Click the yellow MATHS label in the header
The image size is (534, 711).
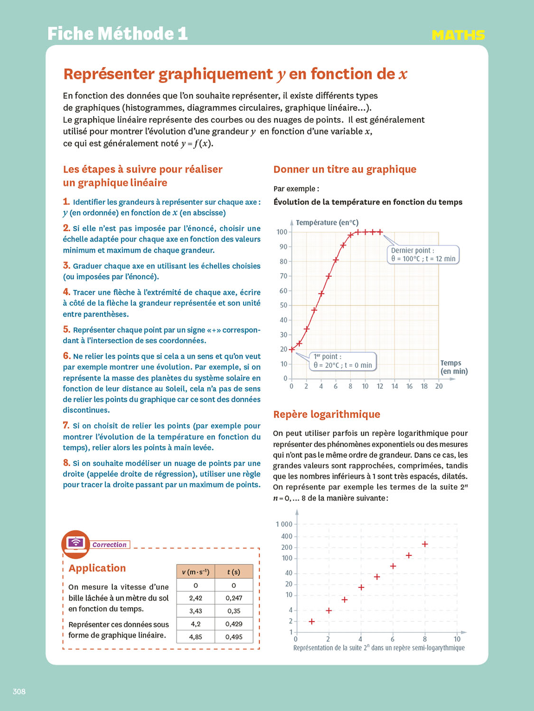pos(458,35)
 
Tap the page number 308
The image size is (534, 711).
pos(19,692)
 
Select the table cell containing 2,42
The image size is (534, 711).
pos(196,598)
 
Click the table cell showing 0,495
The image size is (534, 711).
pos(234,637)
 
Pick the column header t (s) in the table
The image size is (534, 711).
pos(234,572)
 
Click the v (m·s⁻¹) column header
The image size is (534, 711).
pos(196,572)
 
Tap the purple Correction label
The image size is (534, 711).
pos(110,545)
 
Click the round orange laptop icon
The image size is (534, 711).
pos(75,544)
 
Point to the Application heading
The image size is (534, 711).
pos(97,568)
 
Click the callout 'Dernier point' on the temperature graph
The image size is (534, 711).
pos(423,255)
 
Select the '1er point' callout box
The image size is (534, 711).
pos(342,361)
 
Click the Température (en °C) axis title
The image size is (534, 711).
pos(327,222)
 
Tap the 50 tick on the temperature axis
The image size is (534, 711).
pos(283,305)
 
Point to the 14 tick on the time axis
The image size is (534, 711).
pos(394,386)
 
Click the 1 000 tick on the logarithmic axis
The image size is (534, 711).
pos(284,524)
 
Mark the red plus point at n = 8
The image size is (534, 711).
pos(425,544)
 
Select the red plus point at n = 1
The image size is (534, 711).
pos(312,621)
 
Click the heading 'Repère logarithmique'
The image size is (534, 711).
pos(327,414)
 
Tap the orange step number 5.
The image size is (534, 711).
pos(66,329)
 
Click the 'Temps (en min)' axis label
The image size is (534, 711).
pos(454,367)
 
